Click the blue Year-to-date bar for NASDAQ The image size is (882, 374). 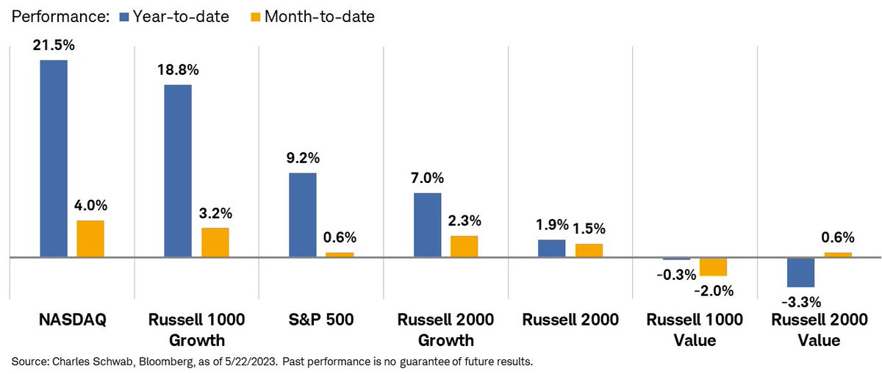coord(54,158)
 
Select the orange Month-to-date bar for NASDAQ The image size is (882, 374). coord(90,239)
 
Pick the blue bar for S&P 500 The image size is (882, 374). coord(302,215)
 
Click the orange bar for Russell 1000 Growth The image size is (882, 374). coord(215,242)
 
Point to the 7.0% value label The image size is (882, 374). coord(427,179)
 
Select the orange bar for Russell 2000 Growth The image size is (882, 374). coord(464,246)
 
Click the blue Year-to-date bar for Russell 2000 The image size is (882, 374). coord(551,248)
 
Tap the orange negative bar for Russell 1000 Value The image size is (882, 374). coord(713,267)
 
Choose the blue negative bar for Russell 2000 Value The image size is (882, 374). coord(800,273)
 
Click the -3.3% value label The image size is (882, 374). coord(800,301)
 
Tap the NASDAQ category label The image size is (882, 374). coord(72,320)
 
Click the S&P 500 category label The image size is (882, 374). coord(320,320)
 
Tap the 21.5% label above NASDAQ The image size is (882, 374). coord(54,46)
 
